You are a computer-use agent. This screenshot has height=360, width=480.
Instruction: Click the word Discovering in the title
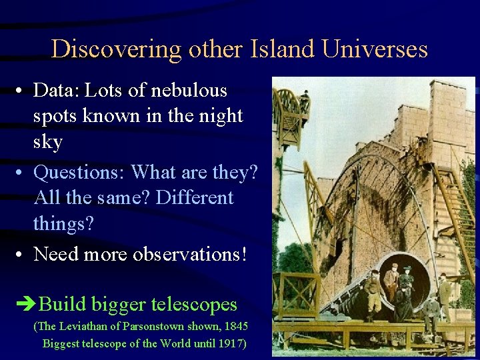[115, 49]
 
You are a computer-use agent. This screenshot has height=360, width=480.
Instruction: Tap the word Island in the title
[271, 49]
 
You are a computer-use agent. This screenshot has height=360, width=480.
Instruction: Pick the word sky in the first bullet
[48, 142]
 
